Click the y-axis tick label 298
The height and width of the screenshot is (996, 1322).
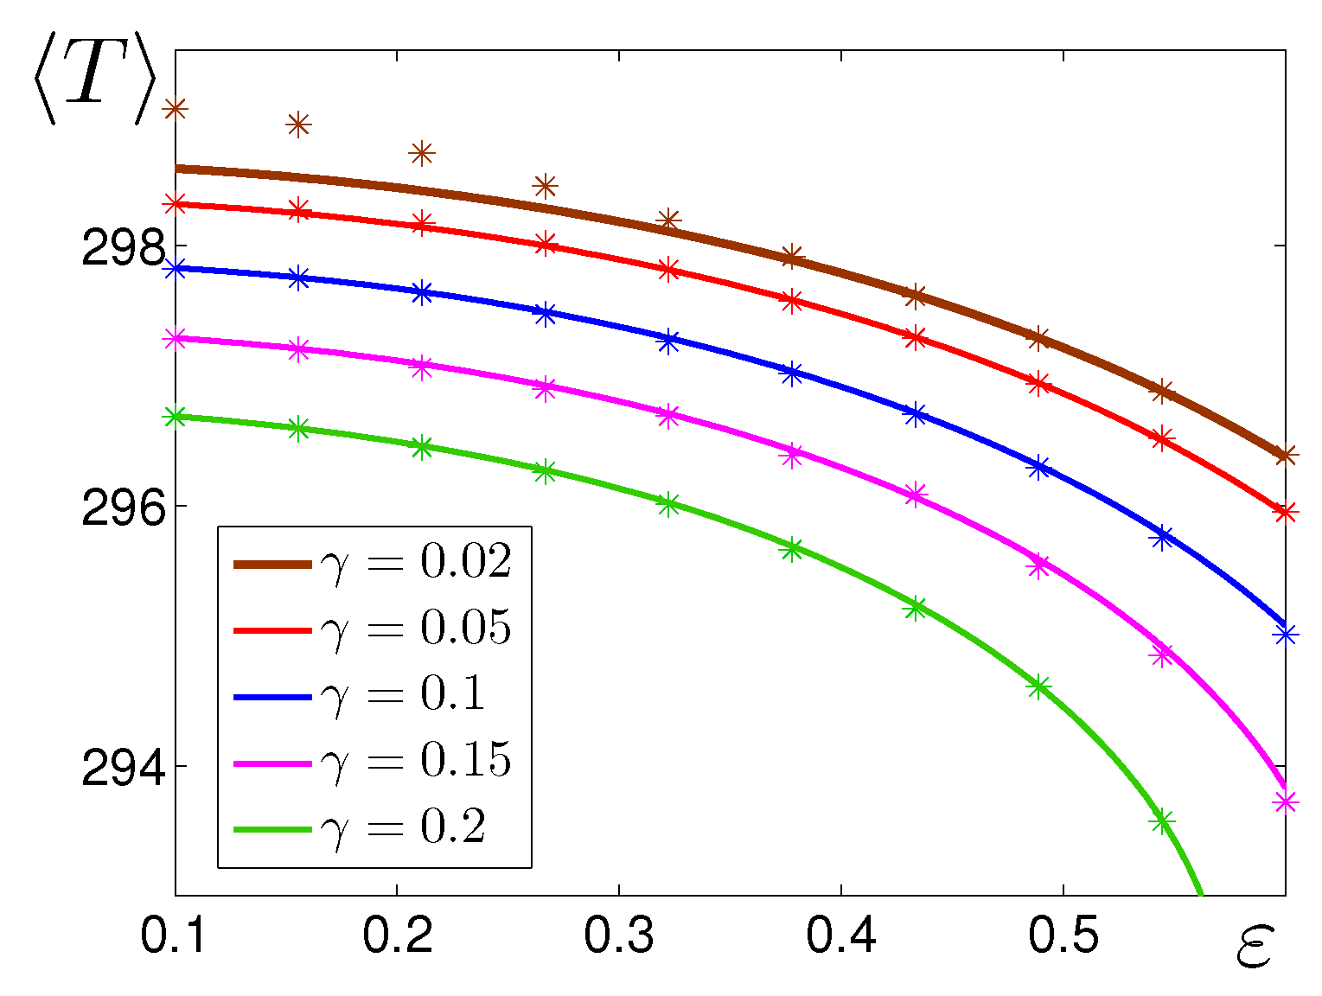[123, 250]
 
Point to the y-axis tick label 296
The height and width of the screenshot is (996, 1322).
[123, 511]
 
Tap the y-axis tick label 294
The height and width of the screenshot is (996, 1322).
[123, 770]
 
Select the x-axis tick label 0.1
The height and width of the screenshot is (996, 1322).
[174, 936]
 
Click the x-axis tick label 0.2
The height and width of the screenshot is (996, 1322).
[397, 936]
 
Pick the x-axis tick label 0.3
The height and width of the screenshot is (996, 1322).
[619, 936]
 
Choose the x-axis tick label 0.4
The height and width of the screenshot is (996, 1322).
[841, 936]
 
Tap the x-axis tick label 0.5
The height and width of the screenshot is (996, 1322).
[1063, 936]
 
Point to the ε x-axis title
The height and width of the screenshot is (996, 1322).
[1253, 948]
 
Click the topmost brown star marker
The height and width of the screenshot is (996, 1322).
[176, 109]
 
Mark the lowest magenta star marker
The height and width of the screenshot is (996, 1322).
[1286, 802]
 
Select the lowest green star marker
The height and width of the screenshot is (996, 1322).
[1162, 820]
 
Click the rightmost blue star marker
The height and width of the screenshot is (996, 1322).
[1286, 635]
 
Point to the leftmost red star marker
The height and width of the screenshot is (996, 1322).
[176, 204]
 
